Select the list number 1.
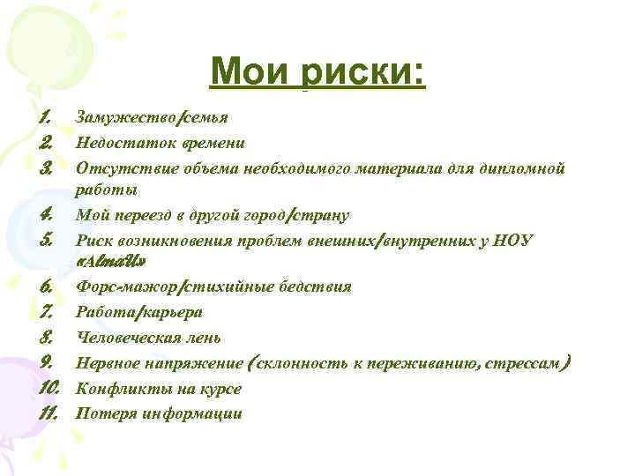point(46,116)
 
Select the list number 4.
point(47,213)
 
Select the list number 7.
point(48,311)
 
